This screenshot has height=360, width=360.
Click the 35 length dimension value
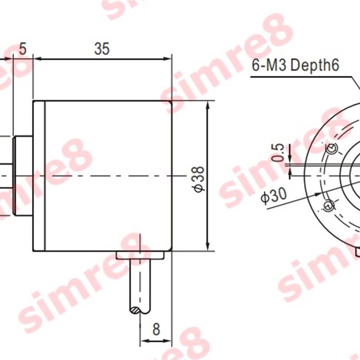pyautogui.click(x=102, y=49)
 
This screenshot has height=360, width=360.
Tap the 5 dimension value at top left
pyautogui.click(x=23, y=49)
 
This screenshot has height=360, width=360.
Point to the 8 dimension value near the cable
pyautogui.click(x=156, y=329)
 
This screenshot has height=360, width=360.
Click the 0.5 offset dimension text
pyautogui.click(x=279, y=152)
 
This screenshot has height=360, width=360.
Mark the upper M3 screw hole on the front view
pyautogui.click(x=333, y=148)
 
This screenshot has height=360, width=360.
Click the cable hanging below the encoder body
pyautogui.click(x=140, y=283)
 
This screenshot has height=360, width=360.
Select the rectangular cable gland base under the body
pyautogui.click(x=140, y=255)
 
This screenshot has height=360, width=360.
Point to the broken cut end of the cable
pyautogui.click(x=140, y=310)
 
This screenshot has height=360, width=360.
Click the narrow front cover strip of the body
pyautogui.click(x=39, y=175)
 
